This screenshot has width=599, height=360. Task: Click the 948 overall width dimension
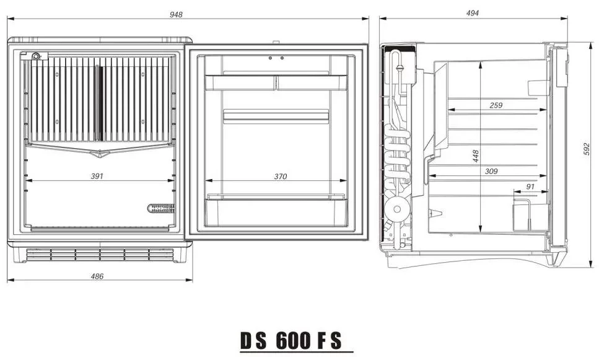(x=176, y=14)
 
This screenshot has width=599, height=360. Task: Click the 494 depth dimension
(x=473, y=13)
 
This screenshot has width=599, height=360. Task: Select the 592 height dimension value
(x=587, y=149)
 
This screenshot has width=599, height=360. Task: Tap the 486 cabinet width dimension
(x=97, y=276)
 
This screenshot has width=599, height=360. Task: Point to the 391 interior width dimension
(x=97, y=176)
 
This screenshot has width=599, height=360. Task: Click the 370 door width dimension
(x=281, y=177)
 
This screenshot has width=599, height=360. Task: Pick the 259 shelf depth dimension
(x=496, y=105)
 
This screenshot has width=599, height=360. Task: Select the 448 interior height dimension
(x=476, y=156)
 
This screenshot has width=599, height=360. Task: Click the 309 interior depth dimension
(x=491, y=171)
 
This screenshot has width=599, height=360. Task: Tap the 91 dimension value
(x=530, y=187)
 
